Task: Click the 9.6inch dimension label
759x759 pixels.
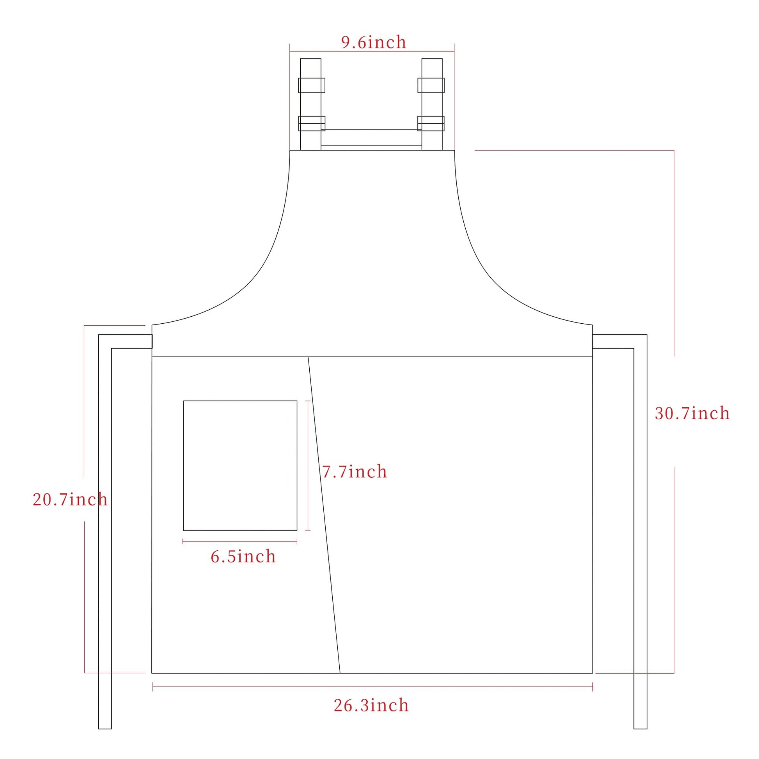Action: [374, 43]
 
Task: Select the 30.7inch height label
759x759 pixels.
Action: [692, 413]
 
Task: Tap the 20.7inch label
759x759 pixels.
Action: [70, 499]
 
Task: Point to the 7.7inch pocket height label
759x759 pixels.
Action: [355, 472]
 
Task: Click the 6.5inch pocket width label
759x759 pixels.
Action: [243, 556]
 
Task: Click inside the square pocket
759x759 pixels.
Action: [240, 466]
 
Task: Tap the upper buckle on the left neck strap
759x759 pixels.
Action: [312, 85]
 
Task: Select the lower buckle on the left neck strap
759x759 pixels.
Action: [312, 123]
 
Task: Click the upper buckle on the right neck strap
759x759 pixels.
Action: [431, 85]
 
